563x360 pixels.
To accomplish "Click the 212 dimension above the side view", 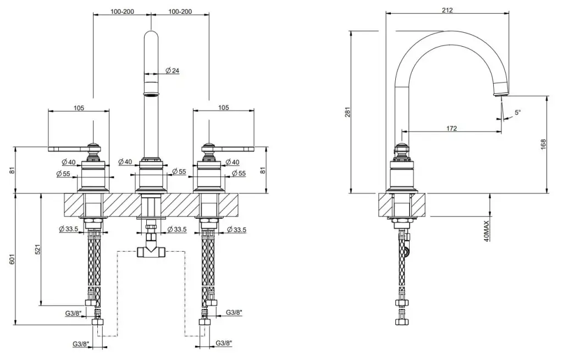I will point(447,10).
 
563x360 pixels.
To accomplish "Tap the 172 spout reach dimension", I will point(451,128).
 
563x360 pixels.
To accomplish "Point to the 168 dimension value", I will point(543,144).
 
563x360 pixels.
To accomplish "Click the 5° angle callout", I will point(517,112).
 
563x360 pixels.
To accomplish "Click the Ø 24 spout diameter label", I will point(172,70).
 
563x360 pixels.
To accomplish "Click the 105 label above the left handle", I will point(78,108).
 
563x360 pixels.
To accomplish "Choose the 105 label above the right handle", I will point(223,108).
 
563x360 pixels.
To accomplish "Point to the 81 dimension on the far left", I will point(12,170).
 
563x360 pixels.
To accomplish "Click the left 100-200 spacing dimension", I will point(122,11).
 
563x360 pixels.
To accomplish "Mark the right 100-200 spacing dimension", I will point(180,11).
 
